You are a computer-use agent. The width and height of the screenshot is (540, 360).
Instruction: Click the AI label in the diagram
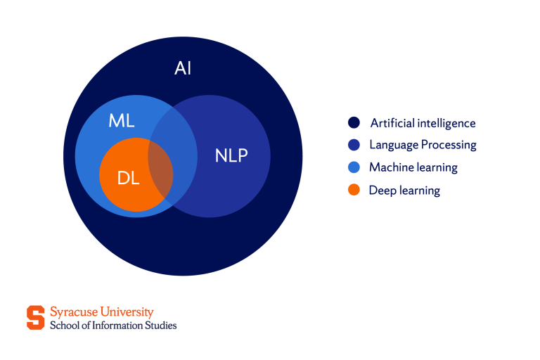click(183, 69)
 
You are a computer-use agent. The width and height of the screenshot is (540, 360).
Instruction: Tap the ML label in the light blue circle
click(121, 120)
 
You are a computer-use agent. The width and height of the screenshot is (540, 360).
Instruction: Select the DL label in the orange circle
click(128, 178)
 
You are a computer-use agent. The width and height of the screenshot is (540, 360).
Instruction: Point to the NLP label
click(231, 155)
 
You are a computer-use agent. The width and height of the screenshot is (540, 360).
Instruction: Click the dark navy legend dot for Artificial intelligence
click(354, 123)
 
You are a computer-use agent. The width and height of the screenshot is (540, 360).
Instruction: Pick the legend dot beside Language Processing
click(354, 145)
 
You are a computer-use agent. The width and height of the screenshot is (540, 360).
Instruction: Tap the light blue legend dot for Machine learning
click(354, 167)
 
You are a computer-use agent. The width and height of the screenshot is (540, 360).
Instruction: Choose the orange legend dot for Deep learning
click(354, 190)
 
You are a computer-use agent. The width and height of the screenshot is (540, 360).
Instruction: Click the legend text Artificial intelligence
click(423, 123)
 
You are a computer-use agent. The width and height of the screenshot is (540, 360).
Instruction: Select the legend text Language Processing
click(423, 145)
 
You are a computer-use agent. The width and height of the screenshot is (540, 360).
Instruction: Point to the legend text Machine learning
click(413, 167)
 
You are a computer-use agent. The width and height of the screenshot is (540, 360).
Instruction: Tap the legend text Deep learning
click(404, 190)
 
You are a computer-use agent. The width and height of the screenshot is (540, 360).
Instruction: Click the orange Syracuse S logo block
click(35, 318)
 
